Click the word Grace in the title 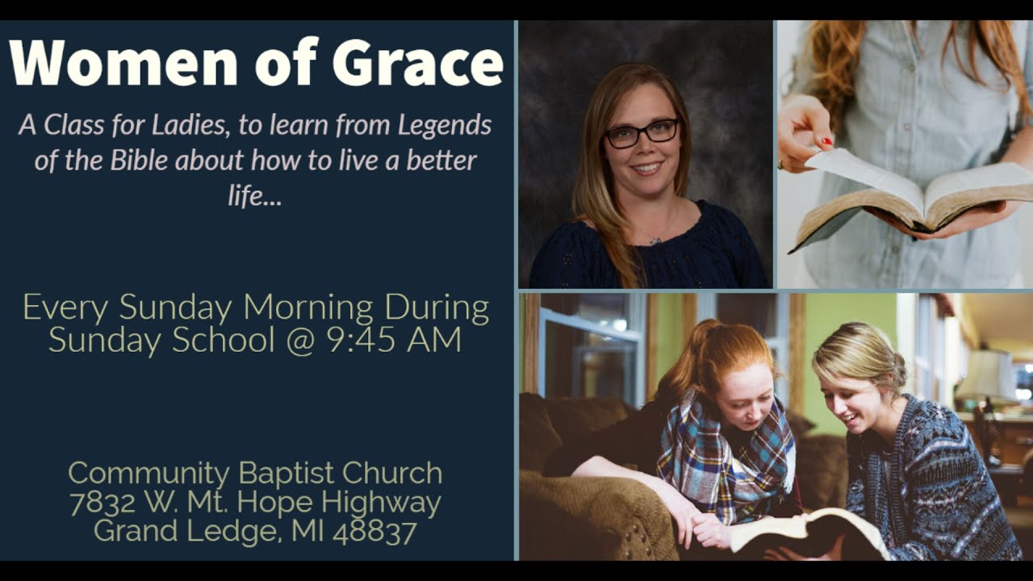click(x=417, y=63)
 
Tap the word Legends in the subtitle click(x=444, y=125)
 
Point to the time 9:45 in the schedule click(x=360, y=340)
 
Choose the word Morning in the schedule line click(x=308, y=308)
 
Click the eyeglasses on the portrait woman click(x=642, y=132)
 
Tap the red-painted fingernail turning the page click(x=827, y=142)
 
